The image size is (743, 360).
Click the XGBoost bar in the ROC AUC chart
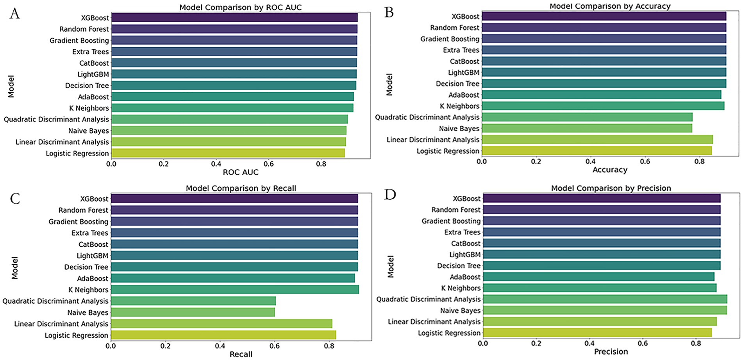click(234, 18)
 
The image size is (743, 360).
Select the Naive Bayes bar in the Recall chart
click(193, 312)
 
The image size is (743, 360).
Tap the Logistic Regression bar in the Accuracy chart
click(597, 151)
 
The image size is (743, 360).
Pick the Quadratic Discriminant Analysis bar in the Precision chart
click(605, 299)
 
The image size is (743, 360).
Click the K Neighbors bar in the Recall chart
click(235, 290)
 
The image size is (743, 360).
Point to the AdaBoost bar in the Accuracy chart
click(601, 95)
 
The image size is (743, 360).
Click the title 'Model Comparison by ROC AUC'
click(240, 7)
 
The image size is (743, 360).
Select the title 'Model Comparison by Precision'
click(611, 188)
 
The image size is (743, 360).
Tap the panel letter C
click(15, 199)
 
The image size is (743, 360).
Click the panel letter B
click(389, 13)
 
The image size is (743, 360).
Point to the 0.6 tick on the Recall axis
click(275, 346)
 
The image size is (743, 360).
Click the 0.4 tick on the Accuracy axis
click(591, 161)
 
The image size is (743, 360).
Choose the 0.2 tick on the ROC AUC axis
click(164, 164)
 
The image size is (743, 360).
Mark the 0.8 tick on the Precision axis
click(696, 343)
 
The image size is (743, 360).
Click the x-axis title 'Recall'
click(241, 354)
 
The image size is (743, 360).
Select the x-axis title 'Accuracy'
click(610, 170)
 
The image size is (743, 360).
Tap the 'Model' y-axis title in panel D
click(390, 267)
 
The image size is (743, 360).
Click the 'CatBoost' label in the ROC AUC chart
click(94, 63)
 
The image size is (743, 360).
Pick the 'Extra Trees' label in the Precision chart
click(462, 232)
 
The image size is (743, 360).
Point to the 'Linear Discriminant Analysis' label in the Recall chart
click(61, 324)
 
